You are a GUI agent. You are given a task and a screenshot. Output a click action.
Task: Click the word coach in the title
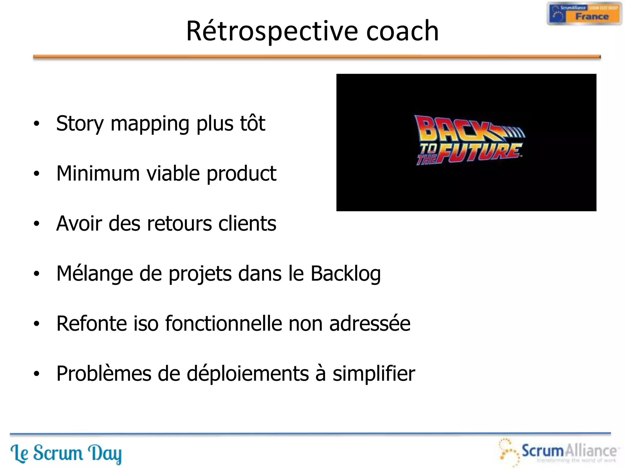[402, 31]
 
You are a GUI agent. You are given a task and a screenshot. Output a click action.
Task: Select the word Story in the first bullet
[80, 124]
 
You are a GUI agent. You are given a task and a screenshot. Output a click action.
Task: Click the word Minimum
[98, 173]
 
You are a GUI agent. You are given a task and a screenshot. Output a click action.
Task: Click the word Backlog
[345, 274]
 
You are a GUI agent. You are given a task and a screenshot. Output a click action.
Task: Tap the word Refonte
[92, 324]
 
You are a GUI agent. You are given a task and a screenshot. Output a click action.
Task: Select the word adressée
[370, 324]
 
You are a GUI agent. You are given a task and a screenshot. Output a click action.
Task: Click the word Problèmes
[104, 374]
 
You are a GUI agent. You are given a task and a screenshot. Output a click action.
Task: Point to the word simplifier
[374, 374]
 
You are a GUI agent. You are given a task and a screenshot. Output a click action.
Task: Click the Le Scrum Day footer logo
[66, 453]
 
